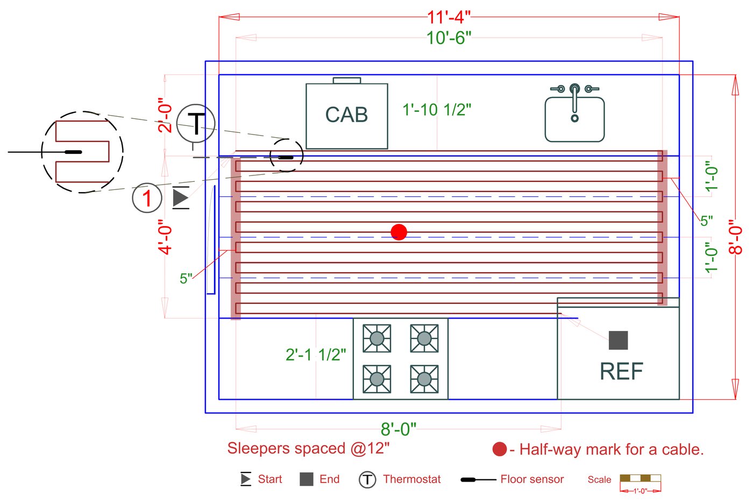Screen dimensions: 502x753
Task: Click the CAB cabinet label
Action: pos(346,115)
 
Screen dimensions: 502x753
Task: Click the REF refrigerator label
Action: pos(621,371)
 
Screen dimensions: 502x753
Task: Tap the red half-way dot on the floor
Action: pos(399,232)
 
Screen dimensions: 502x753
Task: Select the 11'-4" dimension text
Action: pos(449,17)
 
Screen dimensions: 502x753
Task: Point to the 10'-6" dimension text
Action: pos(449,38)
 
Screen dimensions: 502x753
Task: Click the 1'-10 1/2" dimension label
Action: pos(437,110)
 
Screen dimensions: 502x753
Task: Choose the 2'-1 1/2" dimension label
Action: pos(316,355)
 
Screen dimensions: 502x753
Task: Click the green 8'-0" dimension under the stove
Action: pos(398,429)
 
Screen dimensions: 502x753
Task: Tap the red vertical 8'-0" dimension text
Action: pos(735,237)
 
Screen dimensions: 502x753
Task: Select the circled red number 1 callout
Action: pos(147,198)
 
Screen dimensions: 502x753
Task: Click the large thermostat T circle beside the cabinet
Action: pos(196,123)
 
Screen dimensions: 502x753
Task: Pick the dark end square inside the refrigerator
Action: pos(618,340)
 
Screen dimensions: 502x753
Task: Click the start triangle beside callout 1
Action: pos(181,198)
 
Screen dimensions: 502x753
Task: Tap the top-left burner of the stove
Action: pos(376,338)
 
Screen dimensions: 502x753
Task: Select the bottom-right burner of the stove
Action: pos(424,379)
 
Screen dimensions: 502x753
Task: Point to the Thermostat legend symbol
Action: pos(367,479)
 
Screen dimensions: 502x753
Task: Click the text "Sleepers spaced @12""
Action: pos(308,448)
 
